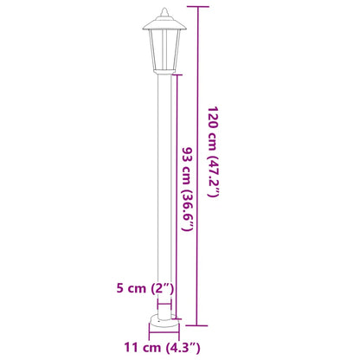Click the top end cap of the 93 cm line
(x=177, y=75)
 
